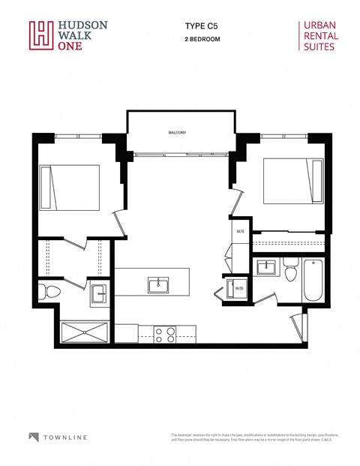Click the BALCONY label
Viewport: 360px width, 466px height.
click(177, 133)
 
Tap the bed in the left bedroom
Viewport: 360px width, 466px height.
click(69, 188)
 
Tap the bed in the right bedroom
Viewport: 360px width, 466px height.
click(286, 182)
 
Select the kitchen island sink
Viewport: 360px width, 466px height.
click(157, 284)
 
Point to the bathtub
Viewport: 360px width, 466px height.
click(313, 279)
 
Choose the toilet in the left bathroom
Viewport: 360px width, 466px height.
click(50, 291)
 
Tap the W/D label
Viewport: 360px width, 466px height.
click(239, 287)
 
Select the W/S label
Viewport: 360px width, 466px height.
click(241, 231)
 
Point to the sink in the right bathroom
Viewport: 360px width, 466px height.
click(265, 267)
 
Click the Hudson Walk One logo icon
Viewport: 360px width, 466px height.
click(41, 35)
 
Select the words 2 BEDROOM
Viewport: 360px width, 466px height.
click(202, 38)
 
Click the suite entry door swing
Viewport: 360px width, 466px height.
click(297, 323)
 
